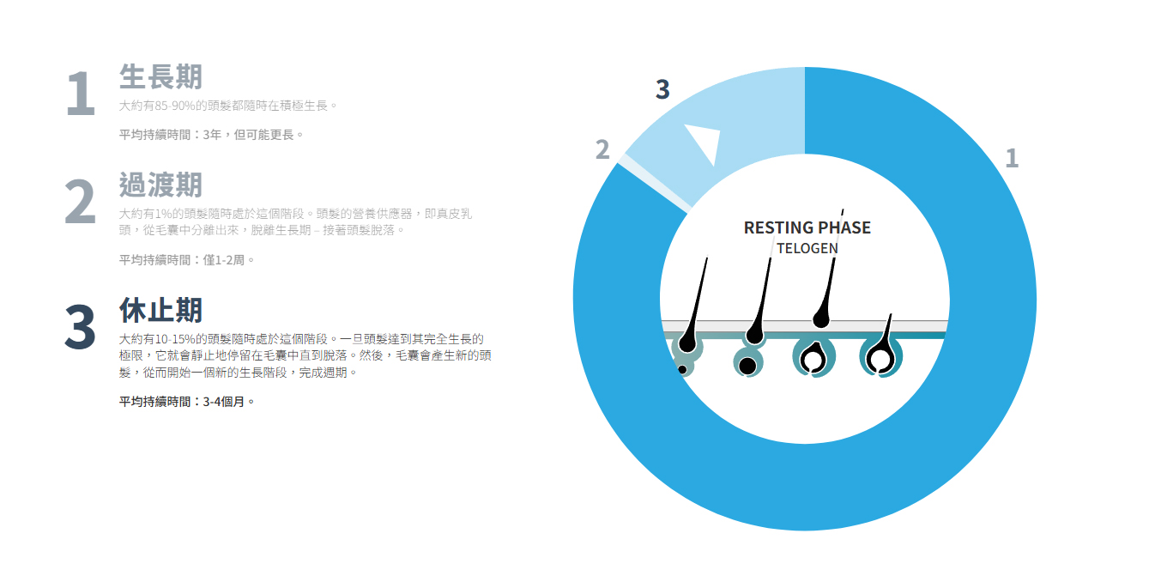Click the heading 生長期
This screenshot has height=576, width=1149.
[160, 77]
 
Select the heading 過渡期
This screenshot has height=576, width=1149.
[160, 185]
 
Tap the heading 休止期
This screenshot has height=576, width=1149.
[160, 310]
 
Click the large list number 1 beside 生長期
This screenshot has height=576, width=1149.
[81, 94]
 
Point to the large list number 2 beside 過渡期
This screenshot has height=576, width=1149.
[80, 202]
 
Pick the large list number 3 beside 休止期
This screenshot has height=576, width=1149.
[80, 327]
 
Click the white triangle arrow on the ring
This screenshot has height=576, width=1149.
[705, 141]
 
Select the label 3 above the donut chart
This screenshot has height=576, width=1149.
[662, 89]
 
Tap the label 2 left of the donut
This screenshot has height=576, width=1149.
[602, 149]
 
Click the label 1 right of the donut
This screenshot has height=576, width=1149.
[1012, 158]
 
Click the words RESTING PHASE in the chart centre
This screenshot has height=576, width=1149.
[807, 227]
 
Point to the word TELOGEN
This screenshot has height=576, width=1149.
[807, 249]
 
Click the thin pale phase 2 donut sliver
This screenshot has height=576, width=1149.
[654, 184]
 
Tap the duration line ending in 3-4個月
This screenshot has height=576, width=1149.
[187, 402]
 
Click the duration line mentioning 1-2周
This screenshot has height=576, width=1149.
[187, 260]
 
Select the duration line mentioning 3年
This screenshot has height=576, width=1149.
[211, 135]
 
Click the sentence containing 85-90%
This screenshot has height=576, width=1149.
[228, 106]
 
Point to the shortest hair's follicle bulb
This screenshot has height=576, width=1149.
[881, 357]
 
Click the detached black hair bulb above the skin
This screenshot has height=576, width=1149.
[821, 318]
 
